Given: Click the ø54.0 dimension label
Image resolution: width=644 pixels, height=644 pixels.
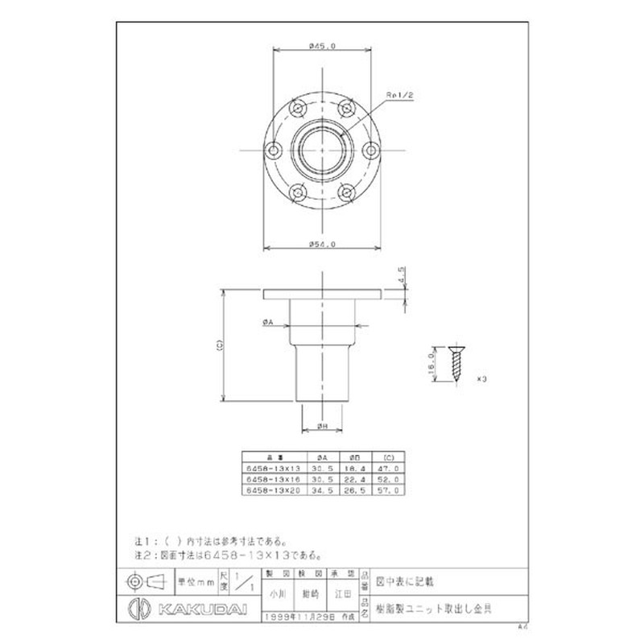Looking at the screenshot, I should (322, 243).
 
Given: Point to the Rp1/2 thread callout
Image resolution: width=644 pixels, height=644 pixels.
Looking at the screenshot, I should (399, 95).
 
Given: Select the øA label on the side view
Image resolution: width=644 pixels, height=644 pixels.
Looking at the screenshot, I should (268, 321).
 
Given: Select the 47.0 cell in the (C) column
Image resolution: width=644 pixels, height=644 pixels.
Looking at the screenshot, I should (388, 468).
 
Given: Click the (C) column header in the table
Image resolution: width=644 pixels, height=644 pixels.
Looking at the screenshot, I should (388, 456).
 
